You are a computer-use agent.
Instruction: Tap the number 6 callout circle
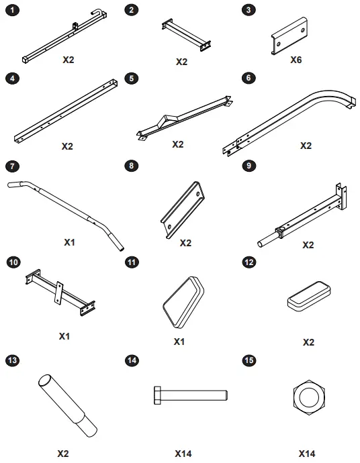tap(249, 78)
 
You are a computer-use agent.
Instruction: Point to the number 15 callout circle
tap(249, 361)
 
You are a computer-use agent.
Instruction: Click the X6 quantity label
tap(296, 60)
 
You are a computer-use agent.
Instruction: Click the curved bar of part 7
tap(67, 205)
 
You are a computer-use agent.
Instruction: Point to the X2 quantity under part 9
tap(308, 245)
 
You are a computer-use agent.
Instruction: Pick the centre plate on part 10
tap(60, 291)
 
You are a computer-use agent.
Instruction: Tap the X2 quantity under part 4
tap(67, 145)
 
